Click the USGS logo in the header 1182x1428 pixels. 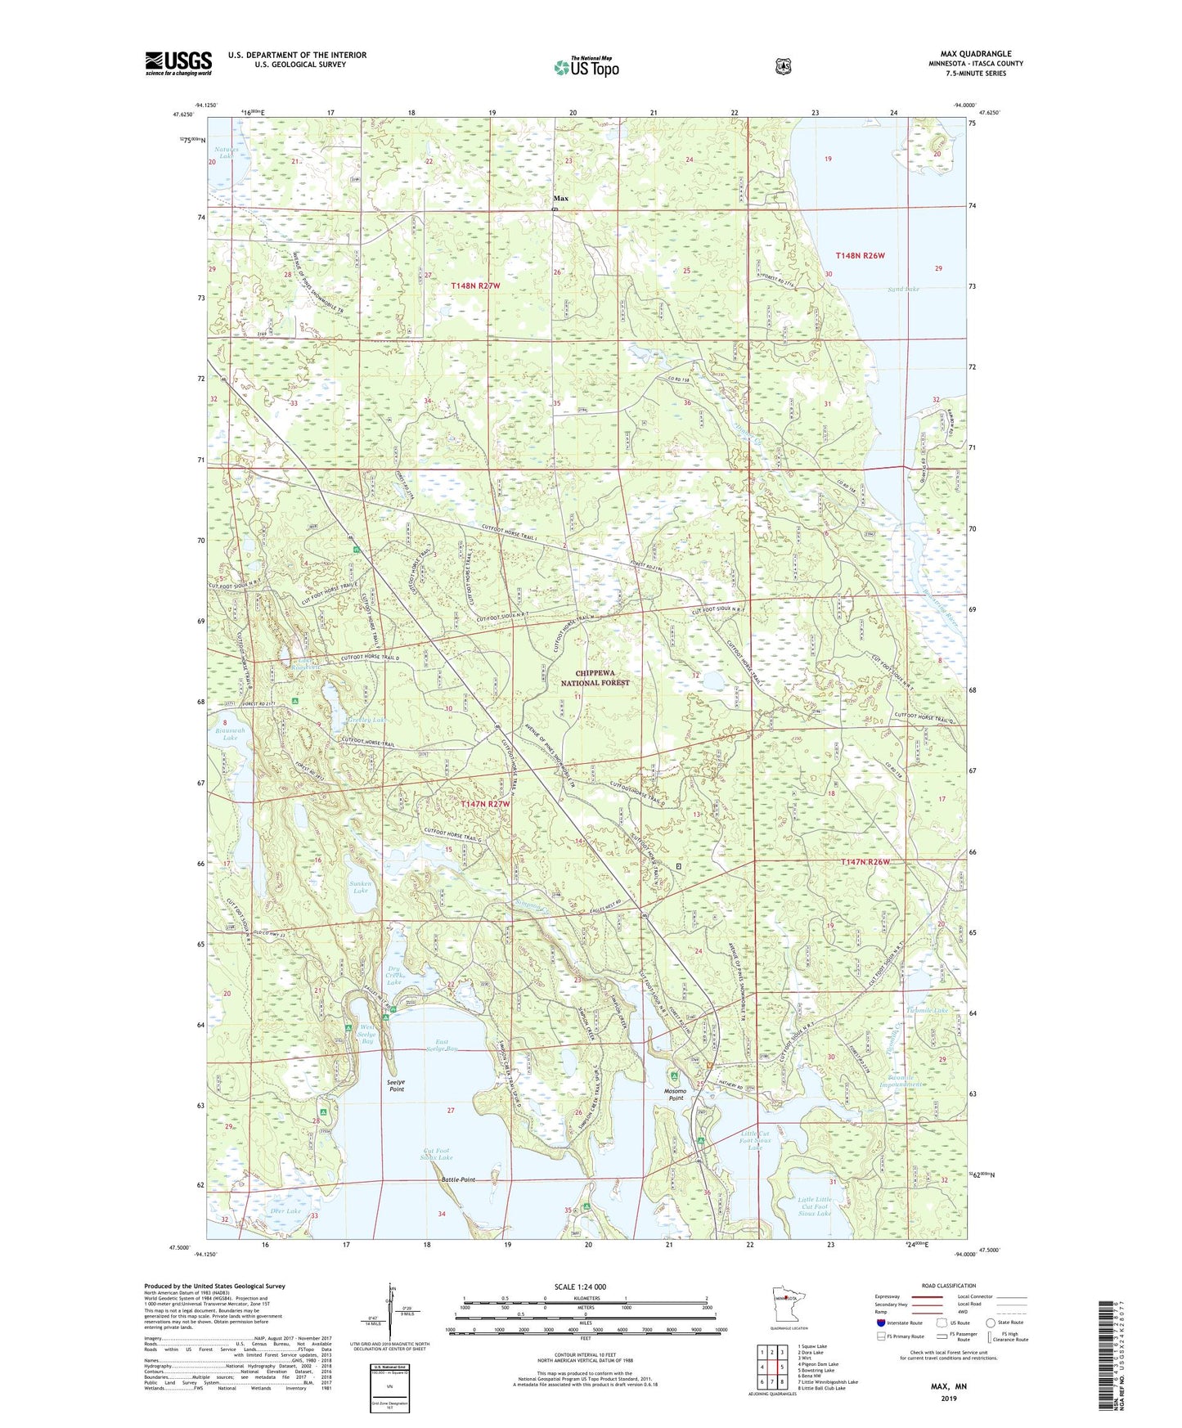(x=178, y=63)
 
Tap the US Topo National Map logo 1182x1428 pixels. (x=585, y=67)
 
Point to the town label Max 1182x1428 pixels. (x=560, y=199)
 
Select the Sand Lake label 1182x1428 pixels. (x=903, y=290)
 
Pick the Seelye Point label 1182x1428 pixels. (x=396, y=1085)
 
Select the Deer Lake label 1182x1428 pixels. (x=285, y=1211)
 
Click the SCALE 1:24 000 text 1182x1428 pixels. (x=580, y=1287)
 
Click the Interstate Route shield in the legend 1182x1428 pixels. (x=879, y=1322)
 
